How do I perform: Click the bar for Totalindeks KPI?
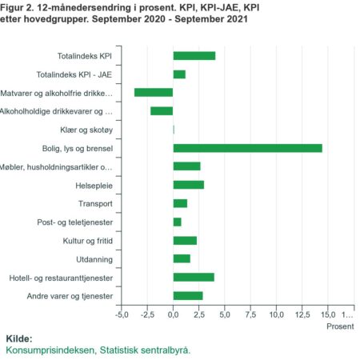(x=194, y=56)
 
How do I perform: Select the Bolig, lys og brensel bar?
(x=248, y=148)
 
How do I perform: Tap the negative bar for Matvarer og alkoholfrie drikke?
(x=154, y=93)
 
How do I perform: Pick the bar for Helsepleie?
(x=189, y=185)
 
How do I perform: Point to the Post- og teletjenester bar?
(x=178, y=222)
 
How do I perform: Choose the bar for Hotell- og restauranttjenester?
(x=194, y=278)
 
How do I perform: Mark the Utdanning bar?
(x=182, y=258)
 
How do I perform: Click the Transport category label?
(x=95, y=204)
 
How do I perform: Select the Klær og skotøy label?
(x=86, y=130)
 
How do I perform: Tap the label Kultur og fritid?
(x=88, y=241)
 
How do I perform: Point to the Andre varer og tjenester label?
(x=70, y=296)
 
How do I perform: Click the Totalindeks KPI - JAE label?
(x=74, y=74)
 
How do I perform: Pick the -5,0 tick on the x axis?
(x=122, y=314)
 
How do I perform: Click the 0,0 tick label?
(x=174, y=314)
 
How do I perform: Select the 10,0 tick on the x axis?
(x=276, y=314)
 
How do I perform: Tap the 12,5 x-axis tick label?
(x=302, y=314)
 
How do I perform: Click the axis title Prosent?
(x=340, y=326)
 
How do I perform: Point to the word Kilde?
(x=19, y=338)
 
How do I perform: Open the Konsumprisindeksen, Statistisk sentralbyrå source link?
(x=98, y=350)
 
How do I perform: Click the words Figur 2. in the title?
(x=17, y=8)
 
